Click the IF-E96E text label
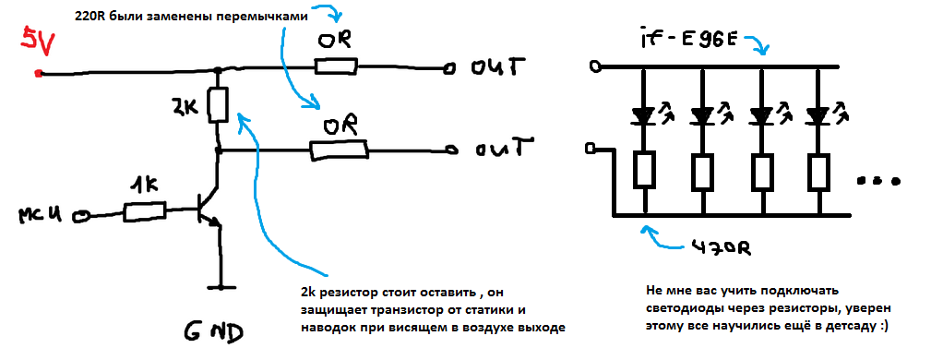tap(692, 42)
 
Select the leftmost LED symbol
tap(644, 116)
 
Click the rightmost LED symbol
tap(818, 116)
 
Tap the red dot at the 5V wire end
tap(38, 73)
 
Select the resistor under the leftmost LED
tap(644, 171)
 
